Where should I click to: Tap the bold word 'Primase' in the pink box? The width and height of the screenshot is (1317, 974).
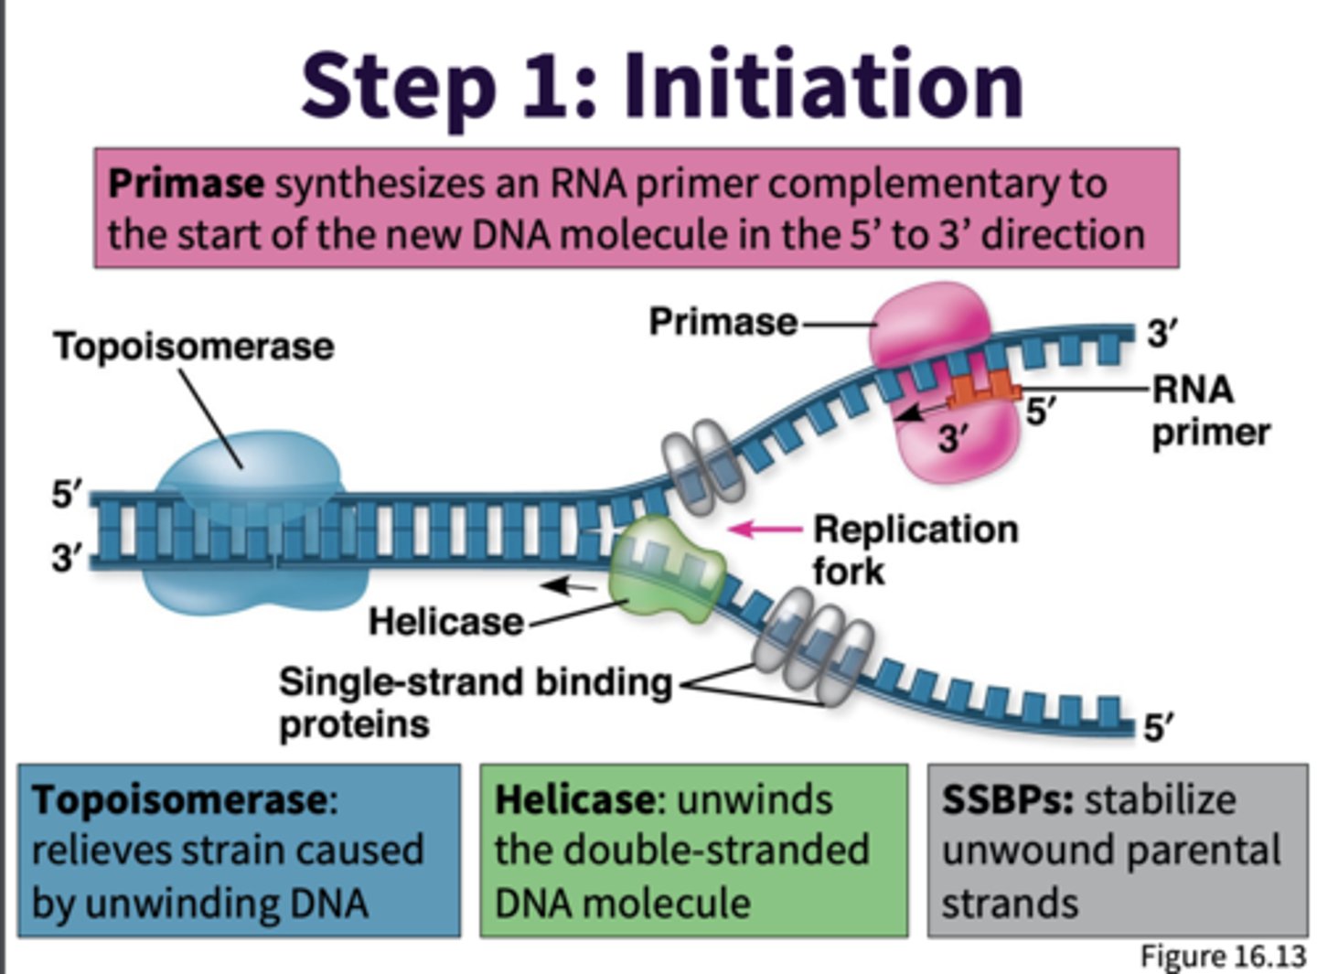[x=186, y=184]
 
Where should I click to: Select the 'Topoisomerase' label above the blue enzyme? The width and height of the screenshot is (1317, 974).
[x=194, y=347]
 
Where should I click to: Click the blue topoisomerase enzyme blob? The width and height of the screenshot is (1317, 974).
[x=247, y=476]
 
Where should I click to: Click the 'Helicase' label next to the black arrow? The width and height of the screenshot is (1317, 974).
[x=445, y=622]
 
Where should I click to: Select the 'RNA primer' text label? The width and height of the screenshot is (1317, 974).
[x=1209, y=411]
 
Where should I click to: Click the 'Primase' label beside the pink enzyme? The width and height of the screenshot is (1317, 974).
[x=723, y=322]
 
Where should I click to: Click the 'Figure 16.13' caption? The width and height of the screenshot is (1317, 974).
[x=1222, y=956]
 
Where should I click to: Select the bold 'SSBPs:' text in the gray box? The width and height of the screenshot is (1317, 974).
[x=1007, y=800]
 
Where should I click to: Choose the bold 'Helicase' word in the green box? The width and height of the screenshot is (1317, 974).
[x=574, y=800]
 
